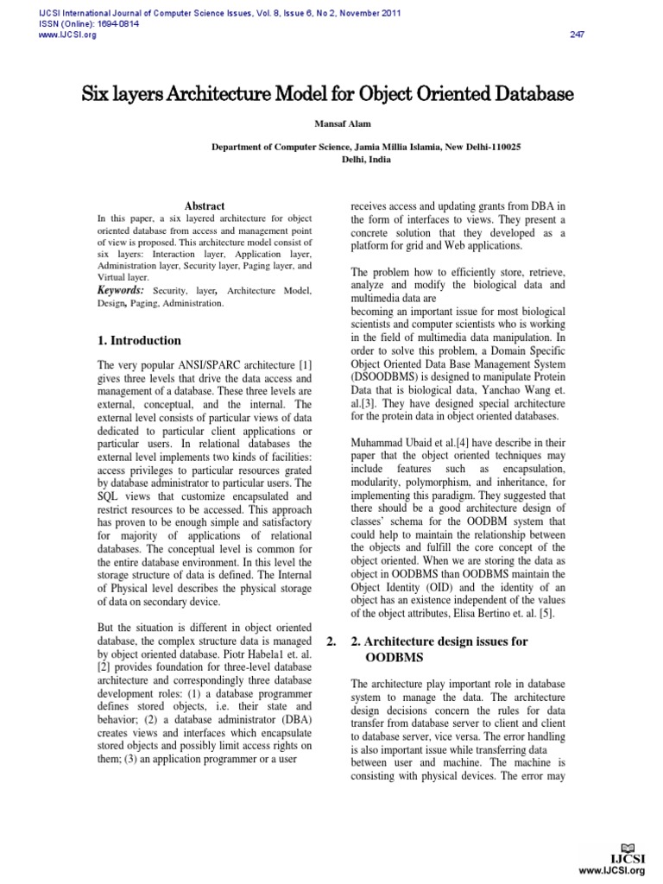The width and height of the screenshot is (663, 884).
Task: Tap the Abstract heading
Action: [x=205, y=206]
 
